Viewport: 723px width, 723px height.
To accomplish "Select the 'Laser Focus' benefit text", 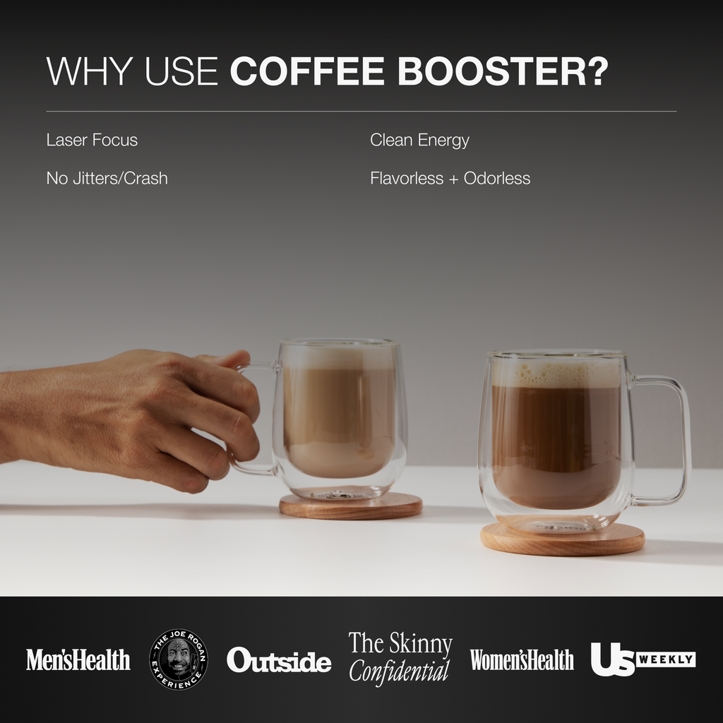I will [92, 140].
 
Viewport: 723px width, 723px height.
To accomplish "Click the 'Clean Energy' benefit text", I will [419, 140].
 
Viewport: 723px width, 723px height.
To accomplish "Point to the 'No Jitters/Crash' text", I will [107, 178].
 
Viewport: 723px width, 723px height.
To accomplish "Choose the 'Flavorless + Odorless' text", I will [450, 178].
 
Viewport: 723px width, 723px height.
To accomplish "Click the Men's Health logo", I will [78, 659].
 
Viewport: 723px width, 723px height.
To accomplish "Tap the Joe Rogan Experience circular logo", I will [179, 659].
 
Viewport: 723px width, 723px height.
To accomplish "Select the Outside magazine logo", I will [279, 661].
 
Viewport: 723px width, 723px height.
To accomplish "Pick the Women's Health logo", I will [522, 659].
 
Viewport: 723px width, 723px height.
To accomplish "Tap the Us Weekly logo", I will [643, 659].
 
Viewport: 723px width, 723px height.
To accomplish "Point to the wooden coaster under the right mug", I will [563, 542].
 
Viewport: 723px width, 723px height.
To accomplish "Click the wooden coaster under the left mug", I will [351, 506].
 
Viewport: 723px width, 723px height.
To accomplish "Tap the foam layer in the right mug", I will [556, 373].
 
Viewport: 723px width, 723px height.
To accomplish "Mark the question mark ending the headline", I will [597, 72].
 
